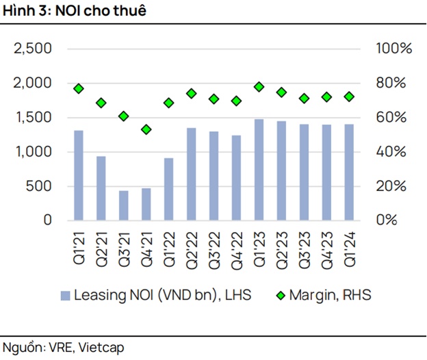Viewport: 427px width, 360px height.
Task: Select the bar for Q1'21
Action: pyautogui.click(x=79, y=175)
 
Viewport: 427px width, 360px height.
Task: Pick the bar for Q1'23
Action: pyautogui.click(x=259, y=170)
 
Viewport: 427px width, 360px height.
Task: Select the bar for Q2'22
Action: pyautogui.click(x=191, y=174)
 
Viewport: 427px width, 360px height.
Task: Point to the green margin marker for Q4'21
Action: pyautogui.click(x=146, y=129)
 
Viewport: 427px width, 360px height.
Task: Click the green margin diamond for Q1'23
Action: pyautogui.click(x=259, y=87)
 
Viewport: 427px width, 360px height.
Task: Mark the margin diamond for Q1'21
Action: pyautogui.click(x=79, y=89)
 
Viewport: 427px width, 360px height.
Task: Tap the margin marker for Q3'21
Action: pyautogui.click(x=124, y=116)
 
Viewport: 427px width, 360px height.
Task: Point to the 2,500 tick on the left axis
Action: pyautogui.click(x=34, y=49)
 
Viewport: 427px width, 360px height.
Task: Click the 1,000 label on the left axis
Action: pyautogui.click(x=34, y=152)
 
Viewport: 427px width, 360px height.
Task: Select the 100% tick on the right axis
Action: pyautogui.click(x=393, y=49)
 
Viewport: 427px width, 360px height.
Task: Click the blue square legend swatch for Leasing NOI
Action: pyautogui.click(x=65, y=296)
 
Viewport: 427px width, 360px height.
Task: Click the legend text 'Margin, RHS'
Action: pyautogui.click(x=329, y=296)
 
